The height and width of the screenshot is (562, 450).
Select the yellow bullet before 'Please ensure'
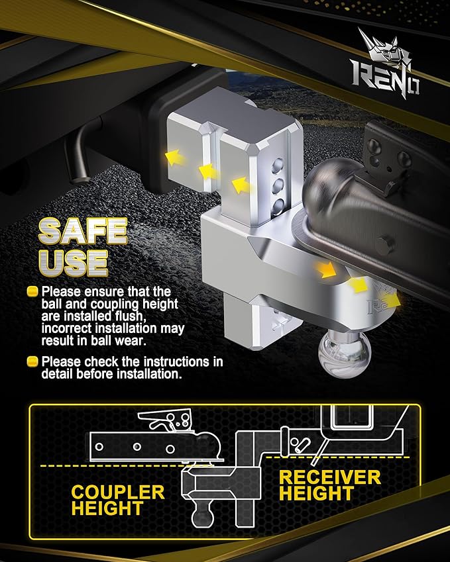coord(32,291)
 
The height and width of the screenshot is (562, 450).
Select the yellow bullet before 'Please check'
coord(32,362)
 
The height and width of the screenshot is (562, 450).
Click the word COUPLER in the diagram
coord(118,492)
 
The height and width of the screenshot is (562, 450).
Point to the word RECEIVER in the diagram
coord(330,477)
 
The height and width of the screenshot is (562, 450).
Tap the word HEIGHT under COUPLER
coord(107,508)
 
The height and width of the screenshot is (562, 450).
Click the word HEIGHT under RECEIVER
coord(317,494)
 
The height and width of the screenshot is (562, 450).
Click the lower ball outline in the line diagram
coord(205,514)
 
